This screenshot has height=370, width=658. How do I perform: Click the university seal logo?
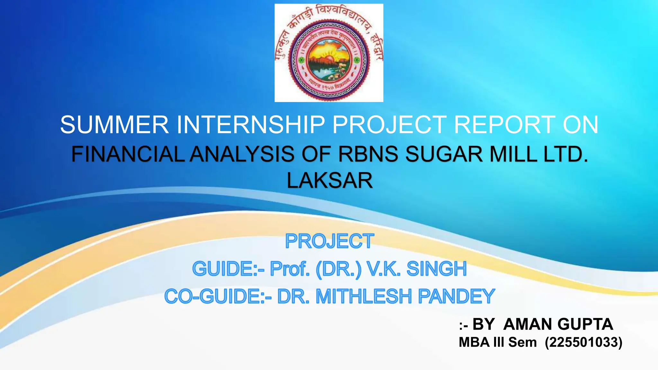(x=329, y=53)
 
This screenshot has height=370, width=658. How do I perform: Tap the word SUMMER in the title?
(x=114, y=125)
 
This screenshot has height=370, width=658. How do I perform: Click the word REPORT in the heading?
(x=504, y=125)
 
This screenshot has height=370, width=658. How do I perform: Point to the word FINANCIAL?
(x=128, y=154)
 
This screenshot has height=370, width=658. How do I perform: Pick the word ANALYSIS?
(x=242, y=154)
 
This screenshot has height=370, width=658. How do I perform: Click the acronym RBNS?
(x=368, y=154)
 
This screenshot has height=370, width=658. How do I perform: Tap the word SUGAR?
(x=444, y=154)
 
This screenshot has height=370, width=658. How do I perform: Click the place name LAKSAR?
(x=330, y=181)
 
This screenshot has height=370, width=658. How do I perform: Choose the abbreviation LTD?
(x=566, y=154)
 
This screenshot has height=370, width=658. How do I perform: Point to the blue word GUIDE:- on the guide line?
(x=228, y=269)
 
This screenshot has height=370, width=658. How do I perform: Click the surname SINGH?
(x=436, y=269)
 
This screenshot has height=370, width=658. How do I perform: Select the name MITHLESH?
(x=364, y=296)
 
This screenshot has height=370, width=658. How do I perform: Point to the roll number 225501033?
(x=583, y=342)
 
